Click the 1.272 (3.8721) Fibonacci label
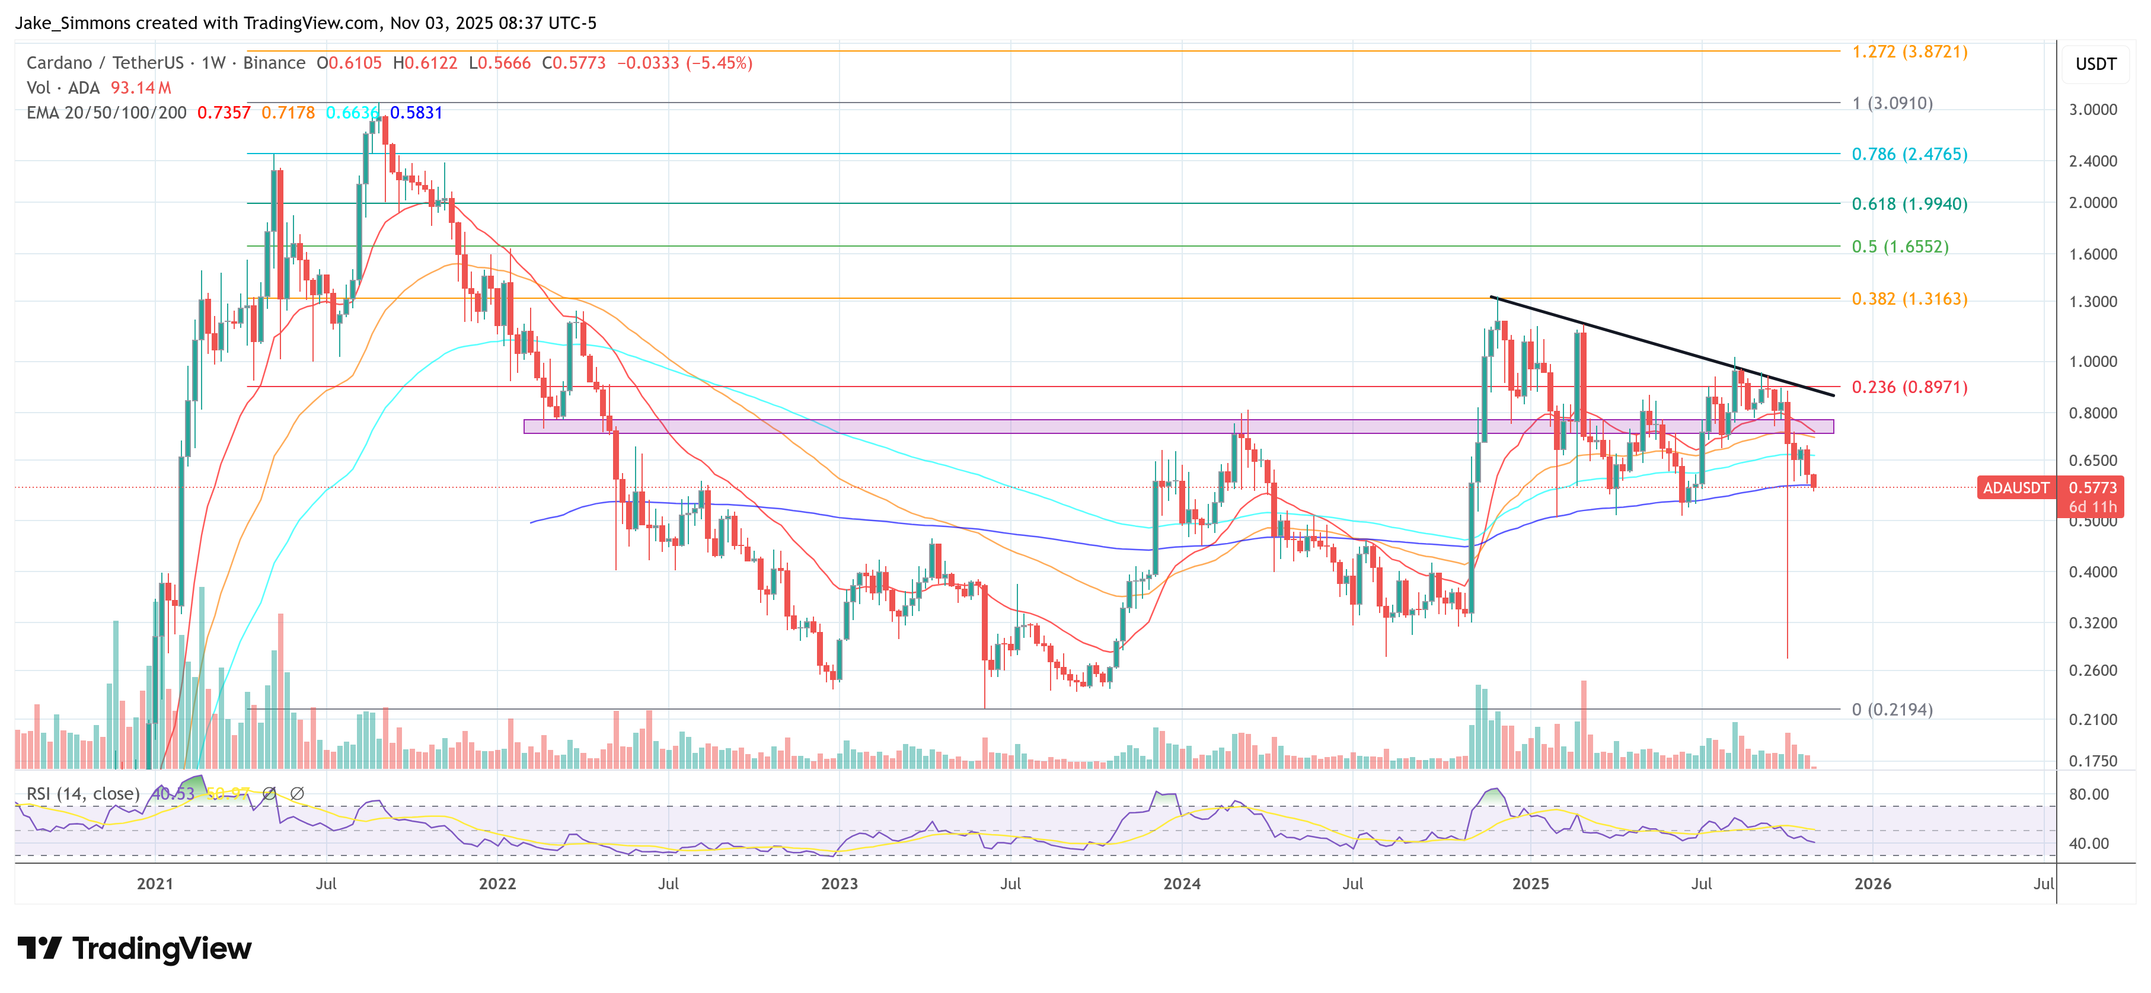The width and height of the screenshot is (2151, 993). point(1909,52)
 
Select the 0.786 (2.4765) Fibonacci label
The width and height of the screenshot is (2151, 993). point(1909,155)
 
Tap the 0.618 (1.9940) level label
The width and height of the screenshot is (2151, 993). point(1909,204)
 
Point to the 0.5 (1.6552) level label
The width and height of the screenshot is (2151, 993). point(1900,247)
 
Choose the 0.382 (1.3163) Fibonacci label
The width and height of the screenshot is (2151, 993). point(1909,299)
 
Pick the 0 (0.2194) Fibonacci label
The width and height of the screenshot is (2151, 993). point(1891,710)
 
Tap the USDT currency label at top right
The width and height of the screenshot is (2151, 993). point(2095,64)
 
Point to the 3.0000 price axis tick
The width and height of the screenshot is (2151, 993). point(2092,110)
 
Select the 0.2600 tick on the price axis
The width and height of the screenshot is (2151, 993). point(2092,670)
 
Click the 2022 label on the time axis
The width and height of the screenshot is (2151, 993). point(497,883)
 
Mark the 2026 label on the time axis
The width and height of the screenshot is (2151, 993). point(1872,883)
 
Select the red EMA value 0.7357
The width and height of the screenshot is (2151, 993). point(224,113)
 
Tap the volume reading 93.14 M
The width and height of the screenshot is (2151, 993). point(141,88)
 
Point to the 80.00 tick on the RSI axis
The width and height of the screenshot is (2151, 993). point(2088,794)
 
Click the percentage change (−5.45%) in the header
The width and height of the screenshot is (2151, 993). point(719,63)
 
